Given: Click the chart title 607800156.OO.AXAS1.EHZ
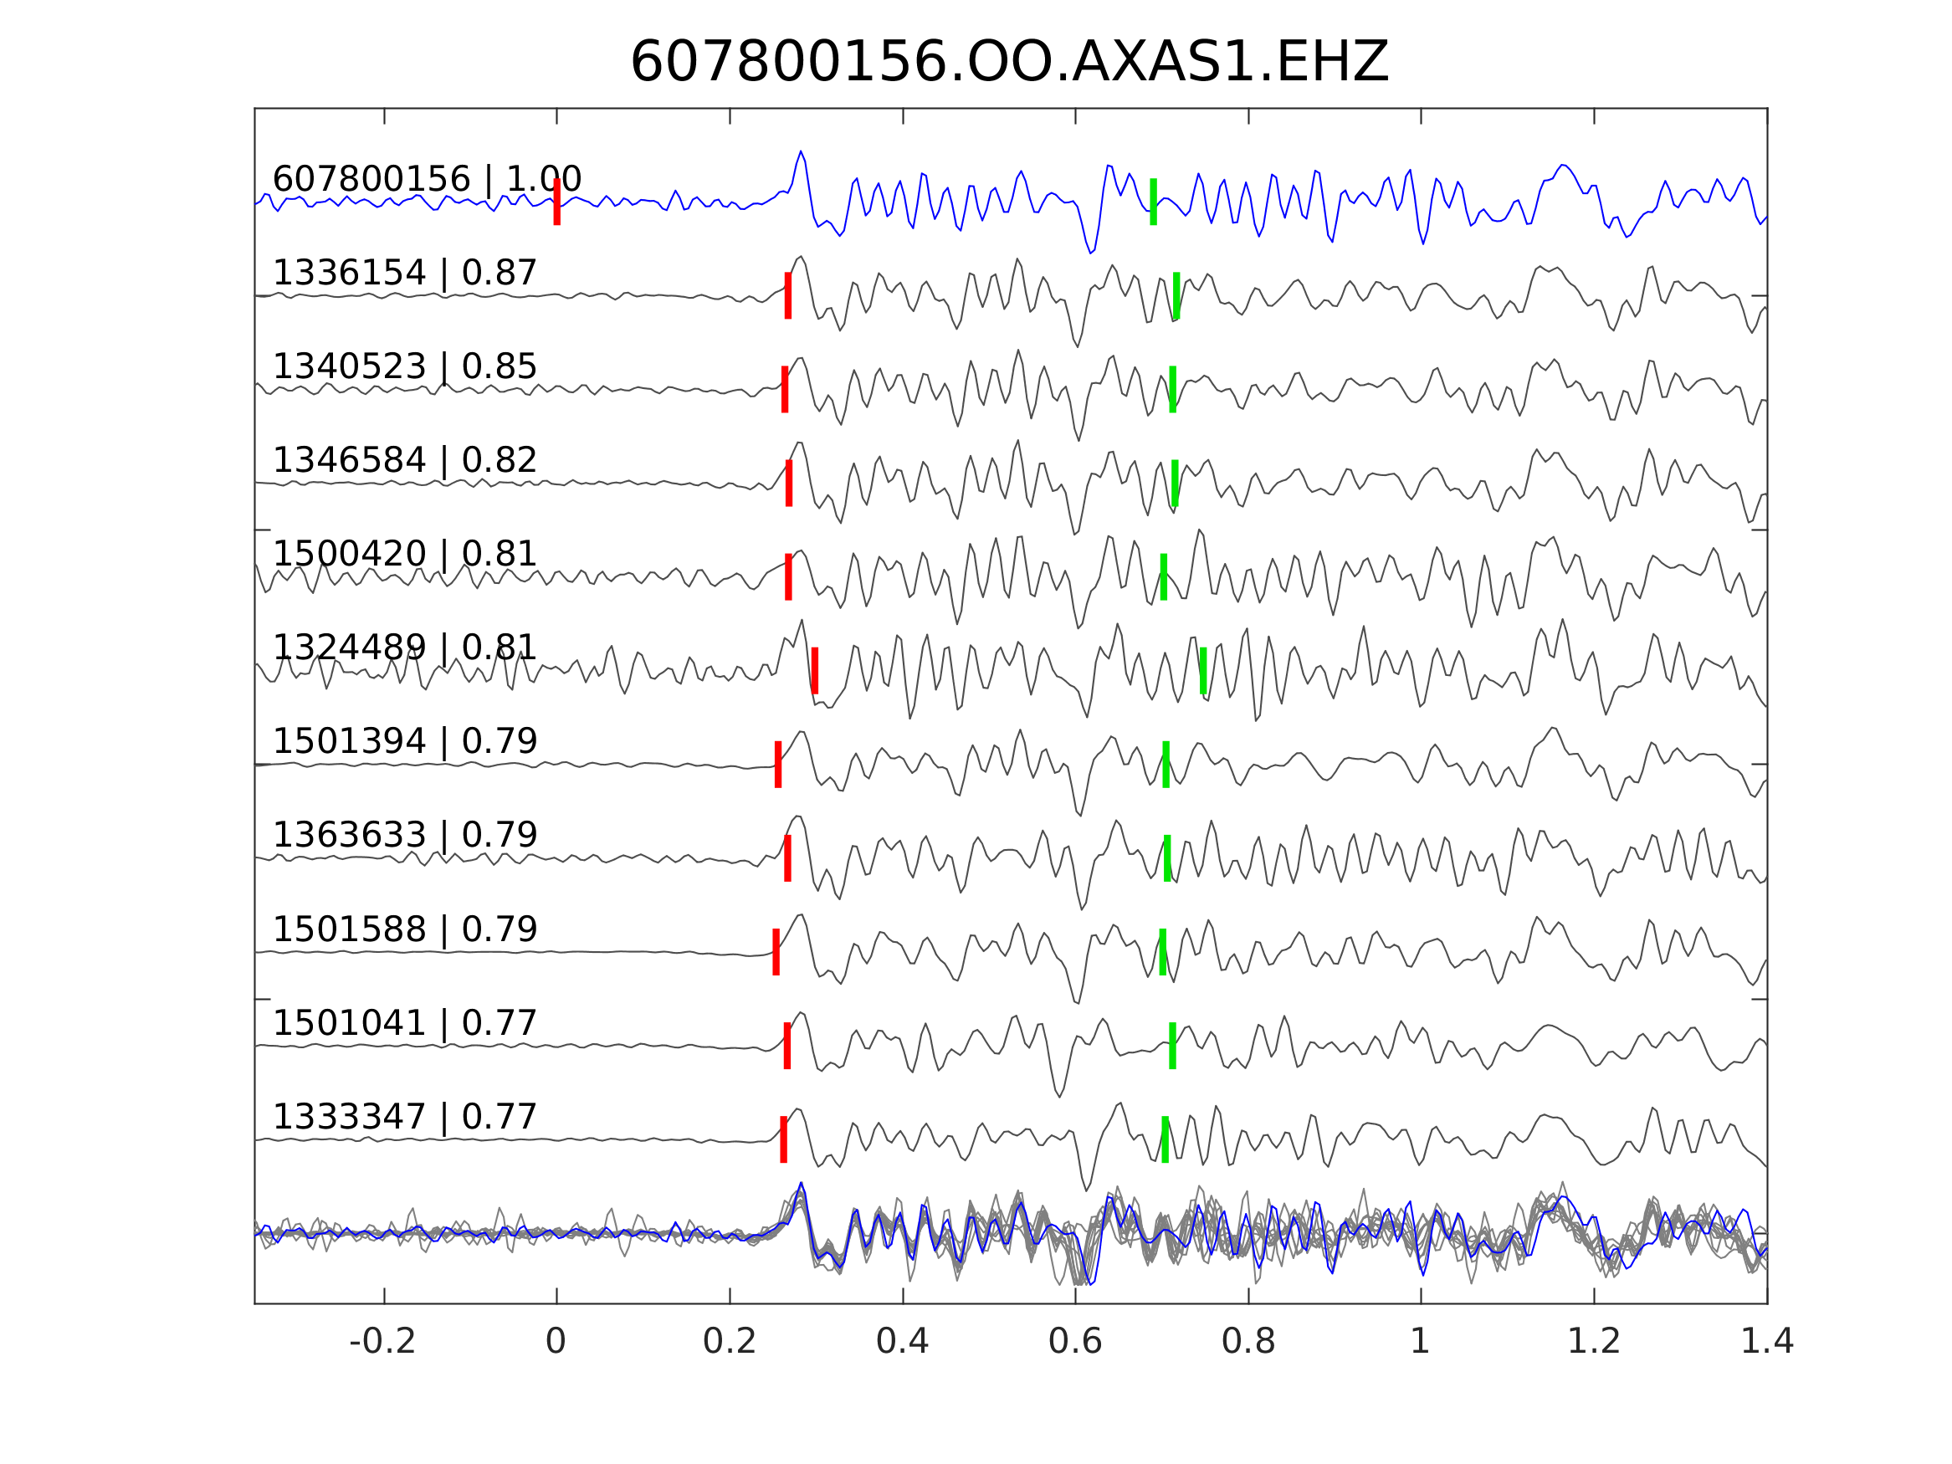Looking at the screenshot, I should (x=1009, y=63).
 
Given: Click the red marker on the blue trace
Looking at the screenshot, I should (x=557, y=202).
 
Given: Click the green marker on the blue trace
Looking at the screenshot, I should (x=1153, y=202).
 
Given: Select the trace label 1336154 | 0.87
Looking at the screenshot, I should (x=404, y=273).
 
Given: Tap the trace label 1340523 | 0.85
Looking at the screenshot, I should (x=404, y=366).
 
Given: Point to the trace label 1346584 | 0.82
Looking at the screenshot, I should (x=404, y=460).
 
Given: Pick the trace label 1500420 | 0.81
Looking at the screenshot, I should (x=404, y=553).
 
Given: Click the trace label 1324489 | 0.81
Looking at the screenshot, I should (x=404, y=647).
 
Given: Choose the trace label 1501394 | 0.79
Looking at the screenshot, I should (x=404, y=740).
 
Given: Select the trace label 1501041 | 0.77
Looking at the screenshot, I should (x=404, y=1023).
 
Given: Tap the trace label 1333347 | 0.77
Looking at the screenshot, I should (x=404, y=1116).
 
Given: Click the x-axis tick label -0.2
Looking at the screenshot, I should (x=383, y=1341).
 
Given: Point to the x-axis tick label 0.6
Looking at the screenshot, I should (x=1075, y=1341).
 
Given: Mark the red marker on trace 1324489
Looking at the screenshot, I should (x=814, y=671).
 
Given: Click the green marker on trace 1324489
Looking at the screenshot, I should (x=1203, y=671).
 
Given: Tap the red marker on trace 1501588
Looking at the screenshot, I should (x=776, y=951).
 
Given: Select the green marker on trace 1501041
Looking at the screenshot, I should (x=1173, y=1046).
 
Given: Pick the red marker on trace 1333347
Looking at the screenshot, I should (x=784, y=1139).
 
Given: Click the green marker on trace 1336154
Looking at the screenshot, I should (x=1176, y=294).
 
